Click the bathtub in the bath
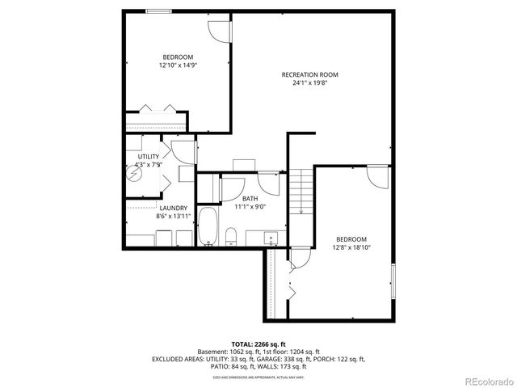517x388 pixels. [207, 226]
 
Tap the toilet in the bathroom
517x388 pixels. [231, 235]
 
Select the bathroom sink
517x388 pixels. [271, 237]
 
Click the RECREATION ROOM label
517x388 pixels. [309, 74]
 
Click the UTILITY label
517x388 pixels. [149, 156]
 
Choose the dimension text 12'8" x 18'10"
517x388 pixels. [351, 247]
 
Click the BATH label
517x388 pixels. [250, 198]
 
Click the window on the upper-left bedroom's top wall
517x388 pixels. [157, 10]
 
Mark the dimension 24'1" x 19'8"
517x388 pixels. [309, 82]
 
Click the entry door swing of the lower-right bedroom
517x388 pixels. [377, 176]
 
